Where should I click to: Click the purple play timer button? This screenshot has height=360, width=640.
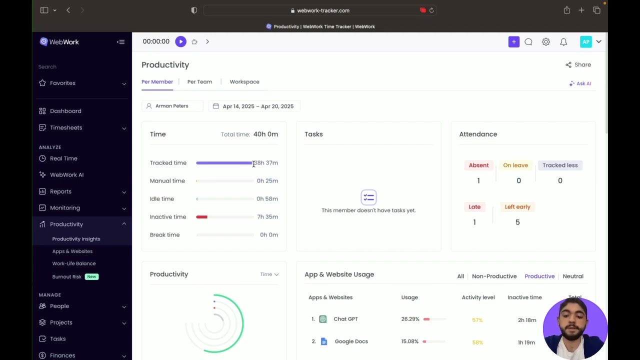click(x=180, y=41)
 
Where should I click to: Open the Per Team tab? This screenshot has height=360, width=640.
click(x=199, y=81)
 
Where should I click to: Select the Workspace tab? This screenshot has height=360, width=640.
click(x=244, y=81)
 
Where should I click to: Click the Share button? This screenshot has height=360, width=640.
click(x=578, y=64)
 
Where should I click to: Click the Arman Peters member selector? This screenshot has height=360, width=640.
click(x=171, y=106)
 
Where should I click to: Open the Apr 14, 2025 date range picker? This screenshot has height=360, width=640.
click(x=253, y=106)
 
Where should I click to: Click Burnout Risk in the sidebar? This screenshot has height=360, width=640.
click(x=67, y=276)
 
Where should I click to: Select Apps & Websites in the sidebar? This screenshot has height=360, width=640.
click(x=72, y=251)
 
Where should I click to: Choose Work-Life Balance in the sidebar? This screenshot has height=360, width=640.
click(x=73, y=263)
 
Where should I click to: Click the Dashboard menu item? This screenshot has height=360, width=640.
click(x=65, y=111)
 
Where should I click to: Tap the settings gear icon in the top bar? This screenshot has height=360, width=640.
click(x=545, y=42)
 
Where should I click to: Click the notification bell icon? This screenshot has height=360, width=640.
click(x=563, y=42)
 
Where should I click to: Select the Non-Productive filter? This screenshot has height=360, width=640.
click(x=494, y=276)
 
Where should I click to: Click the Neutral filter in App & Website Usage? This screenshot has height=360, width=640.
click(x=572, y=276)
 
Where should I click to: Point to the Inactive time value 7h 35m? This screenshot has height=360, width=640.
click(x=267, y=216)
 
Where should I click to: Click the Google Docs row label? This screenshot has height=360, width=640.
click(x=351, y=341)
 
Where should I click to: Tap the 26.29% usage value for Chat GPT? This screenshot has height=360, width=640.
click(x=410, y=319)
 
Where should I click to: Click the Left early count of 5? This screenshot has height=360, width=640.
click(x=517, y=222)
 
